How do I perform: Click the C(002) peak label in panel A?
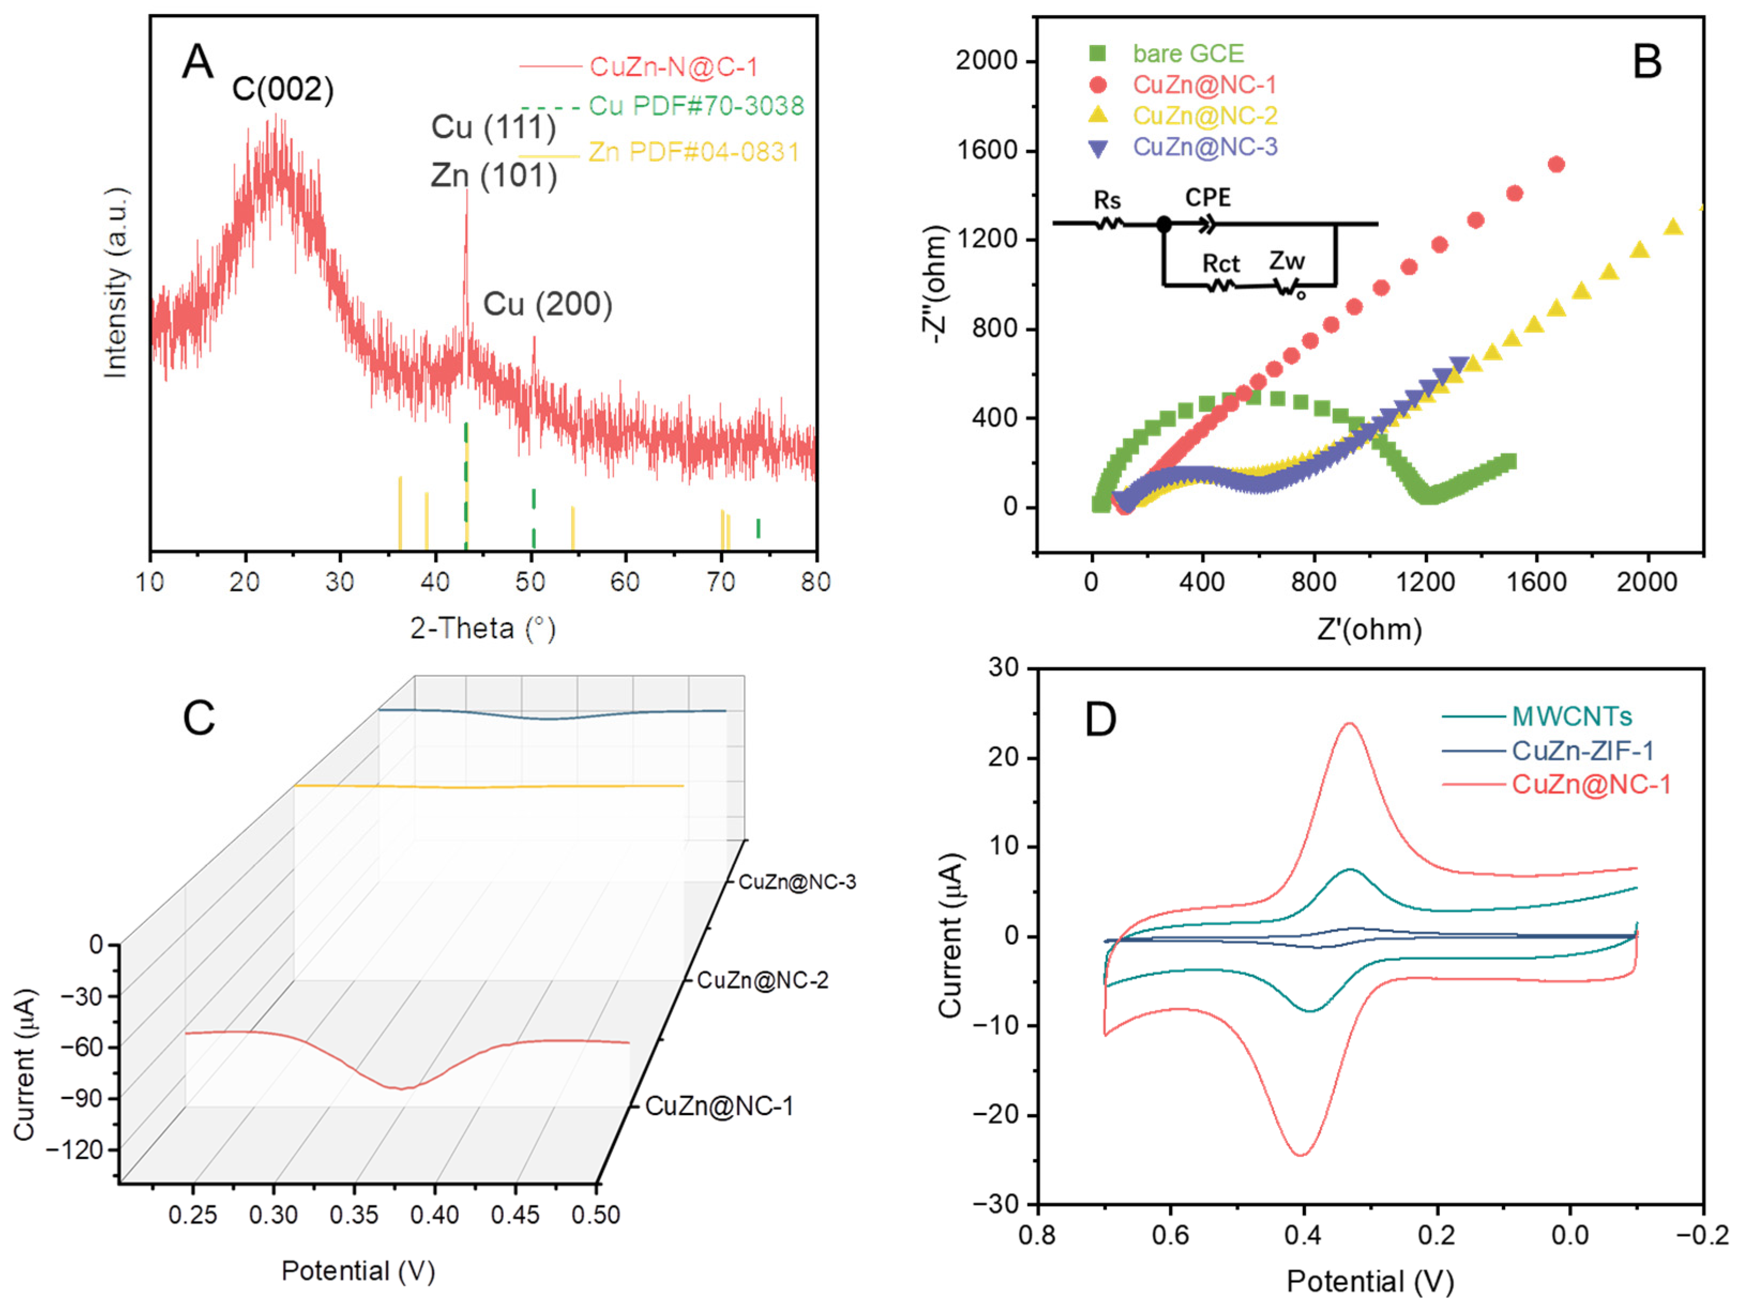282,89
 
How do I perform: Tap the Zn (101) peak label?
494,175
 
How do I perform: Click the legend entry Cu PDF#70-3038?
695,106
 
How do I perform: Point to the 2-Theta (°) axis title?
483,629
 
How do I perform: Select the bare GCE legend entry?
1187,54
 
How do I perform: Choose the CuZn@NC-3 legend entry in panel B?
1205,147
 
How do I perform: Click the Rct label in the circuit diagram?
1220,263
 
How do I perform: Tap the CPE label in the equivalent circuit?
1207,197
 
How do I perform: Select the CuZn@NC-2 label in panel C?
762,980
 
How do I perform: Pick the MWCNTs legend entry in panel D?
1571,717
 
